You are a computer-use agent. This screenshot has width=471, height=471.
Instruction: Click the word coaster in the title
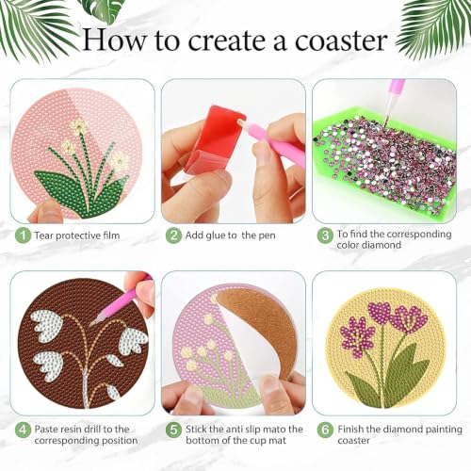click(x=341, y=41)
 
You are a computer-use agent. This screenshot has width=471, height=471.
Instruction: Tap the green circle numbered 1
click(x=23, y=235)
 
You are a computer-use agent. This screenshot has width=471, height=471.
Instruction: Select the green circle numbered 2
click(x=173, y=235)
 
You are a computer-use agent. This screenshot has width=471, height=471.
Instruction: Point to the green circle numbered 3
click(x=325, y=235)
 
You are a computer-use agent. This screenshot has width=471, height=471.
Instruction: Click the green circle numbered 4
click(x=23, y=430)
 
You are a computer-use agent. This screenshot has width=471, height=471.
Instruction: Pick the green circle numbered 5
click(x=173, y=430)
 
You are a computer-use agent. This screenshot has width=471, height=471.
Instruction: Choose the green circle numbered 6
click(x=325, y=430)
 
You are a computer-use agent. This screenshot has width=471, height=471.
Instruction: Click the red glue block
click(x=214, y=139)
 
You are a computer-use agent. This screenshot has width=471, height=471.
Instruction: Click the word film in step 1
click(x=110, y=235)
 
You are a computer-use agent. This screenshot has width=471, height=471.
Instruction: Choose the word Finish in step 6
click(x=350, y=430)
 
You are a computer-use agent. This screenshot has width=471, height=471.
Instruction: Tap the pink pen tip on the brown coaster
click(x=93, y=322)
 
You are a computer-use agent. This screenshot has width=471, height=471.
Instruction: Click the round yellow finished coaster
click(x=385, y=349)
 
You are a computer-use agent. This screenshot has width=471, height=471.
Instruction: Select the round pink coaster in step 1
click(x=77, y=154)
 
